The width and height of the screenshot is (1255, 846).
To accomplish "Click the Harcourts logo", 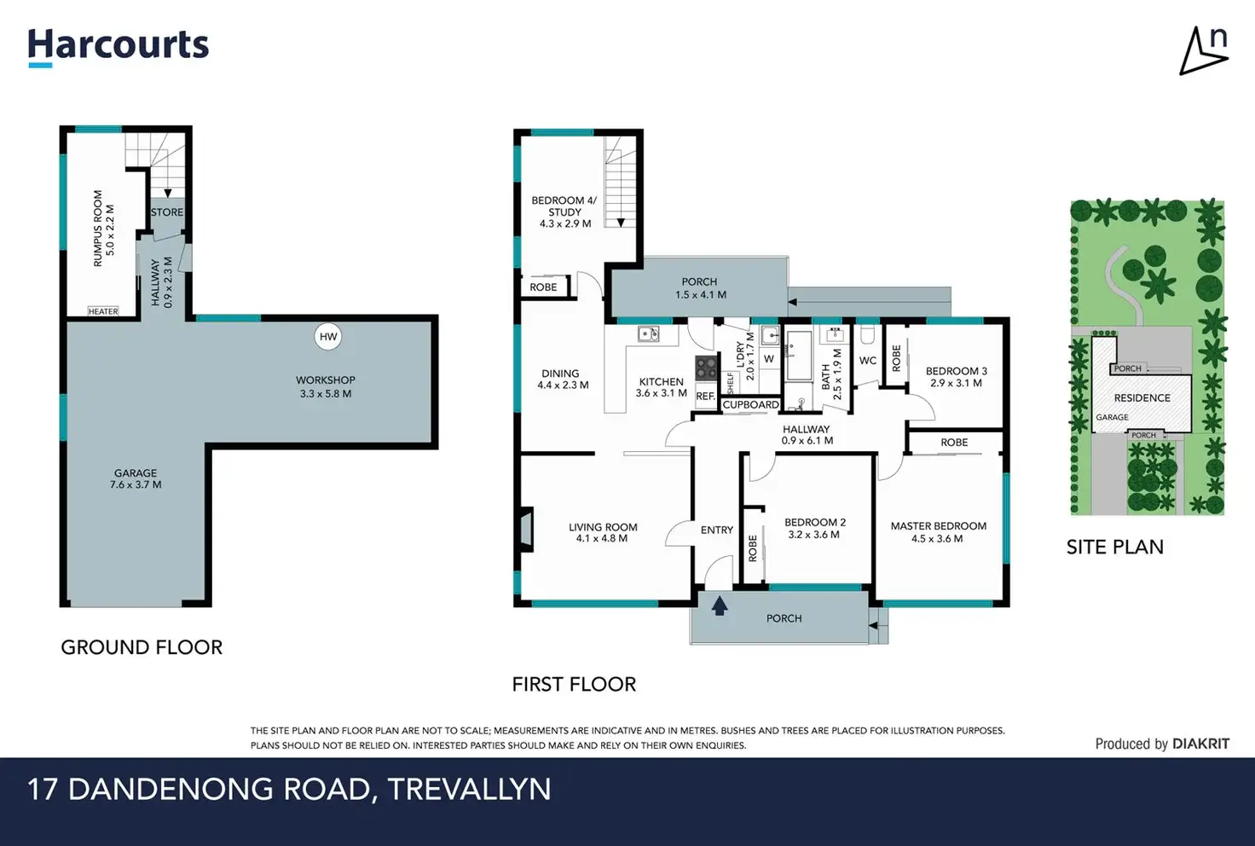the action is pos(119,48).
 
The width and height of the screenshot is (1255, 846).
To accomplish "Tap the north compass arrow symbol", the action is pos(1204,50).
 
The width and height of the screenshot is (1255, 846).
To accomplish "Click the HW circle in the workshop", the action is pos(327,337).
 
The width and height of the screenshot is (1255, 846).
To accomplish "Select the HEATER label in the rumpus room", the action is pos(103,311).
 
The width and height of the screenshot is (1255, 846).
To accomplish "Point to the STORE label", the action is pos(167,212).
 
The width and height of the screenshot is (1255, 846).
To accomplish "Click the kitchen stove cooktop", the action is pos(707,368).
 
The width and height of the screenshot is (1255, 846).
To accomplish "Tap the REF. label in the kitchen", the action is pos(705,396).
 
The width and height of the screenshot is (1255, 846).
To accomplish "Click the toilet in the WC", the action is pos(868,335).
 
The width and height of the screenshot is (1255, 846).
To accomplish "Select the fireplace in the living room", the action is pos(524,529).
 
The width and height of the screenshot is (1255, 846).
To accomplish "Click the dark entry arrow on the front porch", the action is pos(720,606).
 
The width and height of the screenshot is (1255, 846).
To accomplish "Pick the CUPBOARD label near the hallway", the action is pos(750,404).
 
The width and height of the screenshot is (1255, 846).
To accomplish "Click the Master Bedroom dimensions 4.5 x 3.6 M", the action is pos(937,539).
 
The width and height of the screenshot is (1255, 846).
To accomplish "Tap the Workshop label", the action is pos(326,380).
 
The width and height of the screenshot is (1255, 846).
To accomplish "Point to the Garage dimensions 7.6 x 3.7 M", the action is pos(136,485).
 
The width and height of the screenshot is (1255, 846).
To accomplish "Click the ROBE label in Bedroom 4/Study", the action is pos(543,287).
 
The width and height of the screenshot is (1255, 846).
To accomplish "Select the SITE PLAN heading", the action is pos(1115,547).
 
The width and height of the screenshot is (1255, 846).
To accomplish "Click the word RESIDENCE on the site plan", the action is pos(1142,398).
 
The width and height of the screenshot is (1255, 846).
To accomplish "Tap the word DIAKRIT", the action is pos(1200,744).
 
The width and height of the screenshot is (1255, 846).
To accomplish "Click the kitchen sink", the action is pos(648,334).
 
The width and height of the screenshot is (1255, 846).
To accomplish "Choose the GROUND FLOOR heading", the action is pos(142,647).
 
